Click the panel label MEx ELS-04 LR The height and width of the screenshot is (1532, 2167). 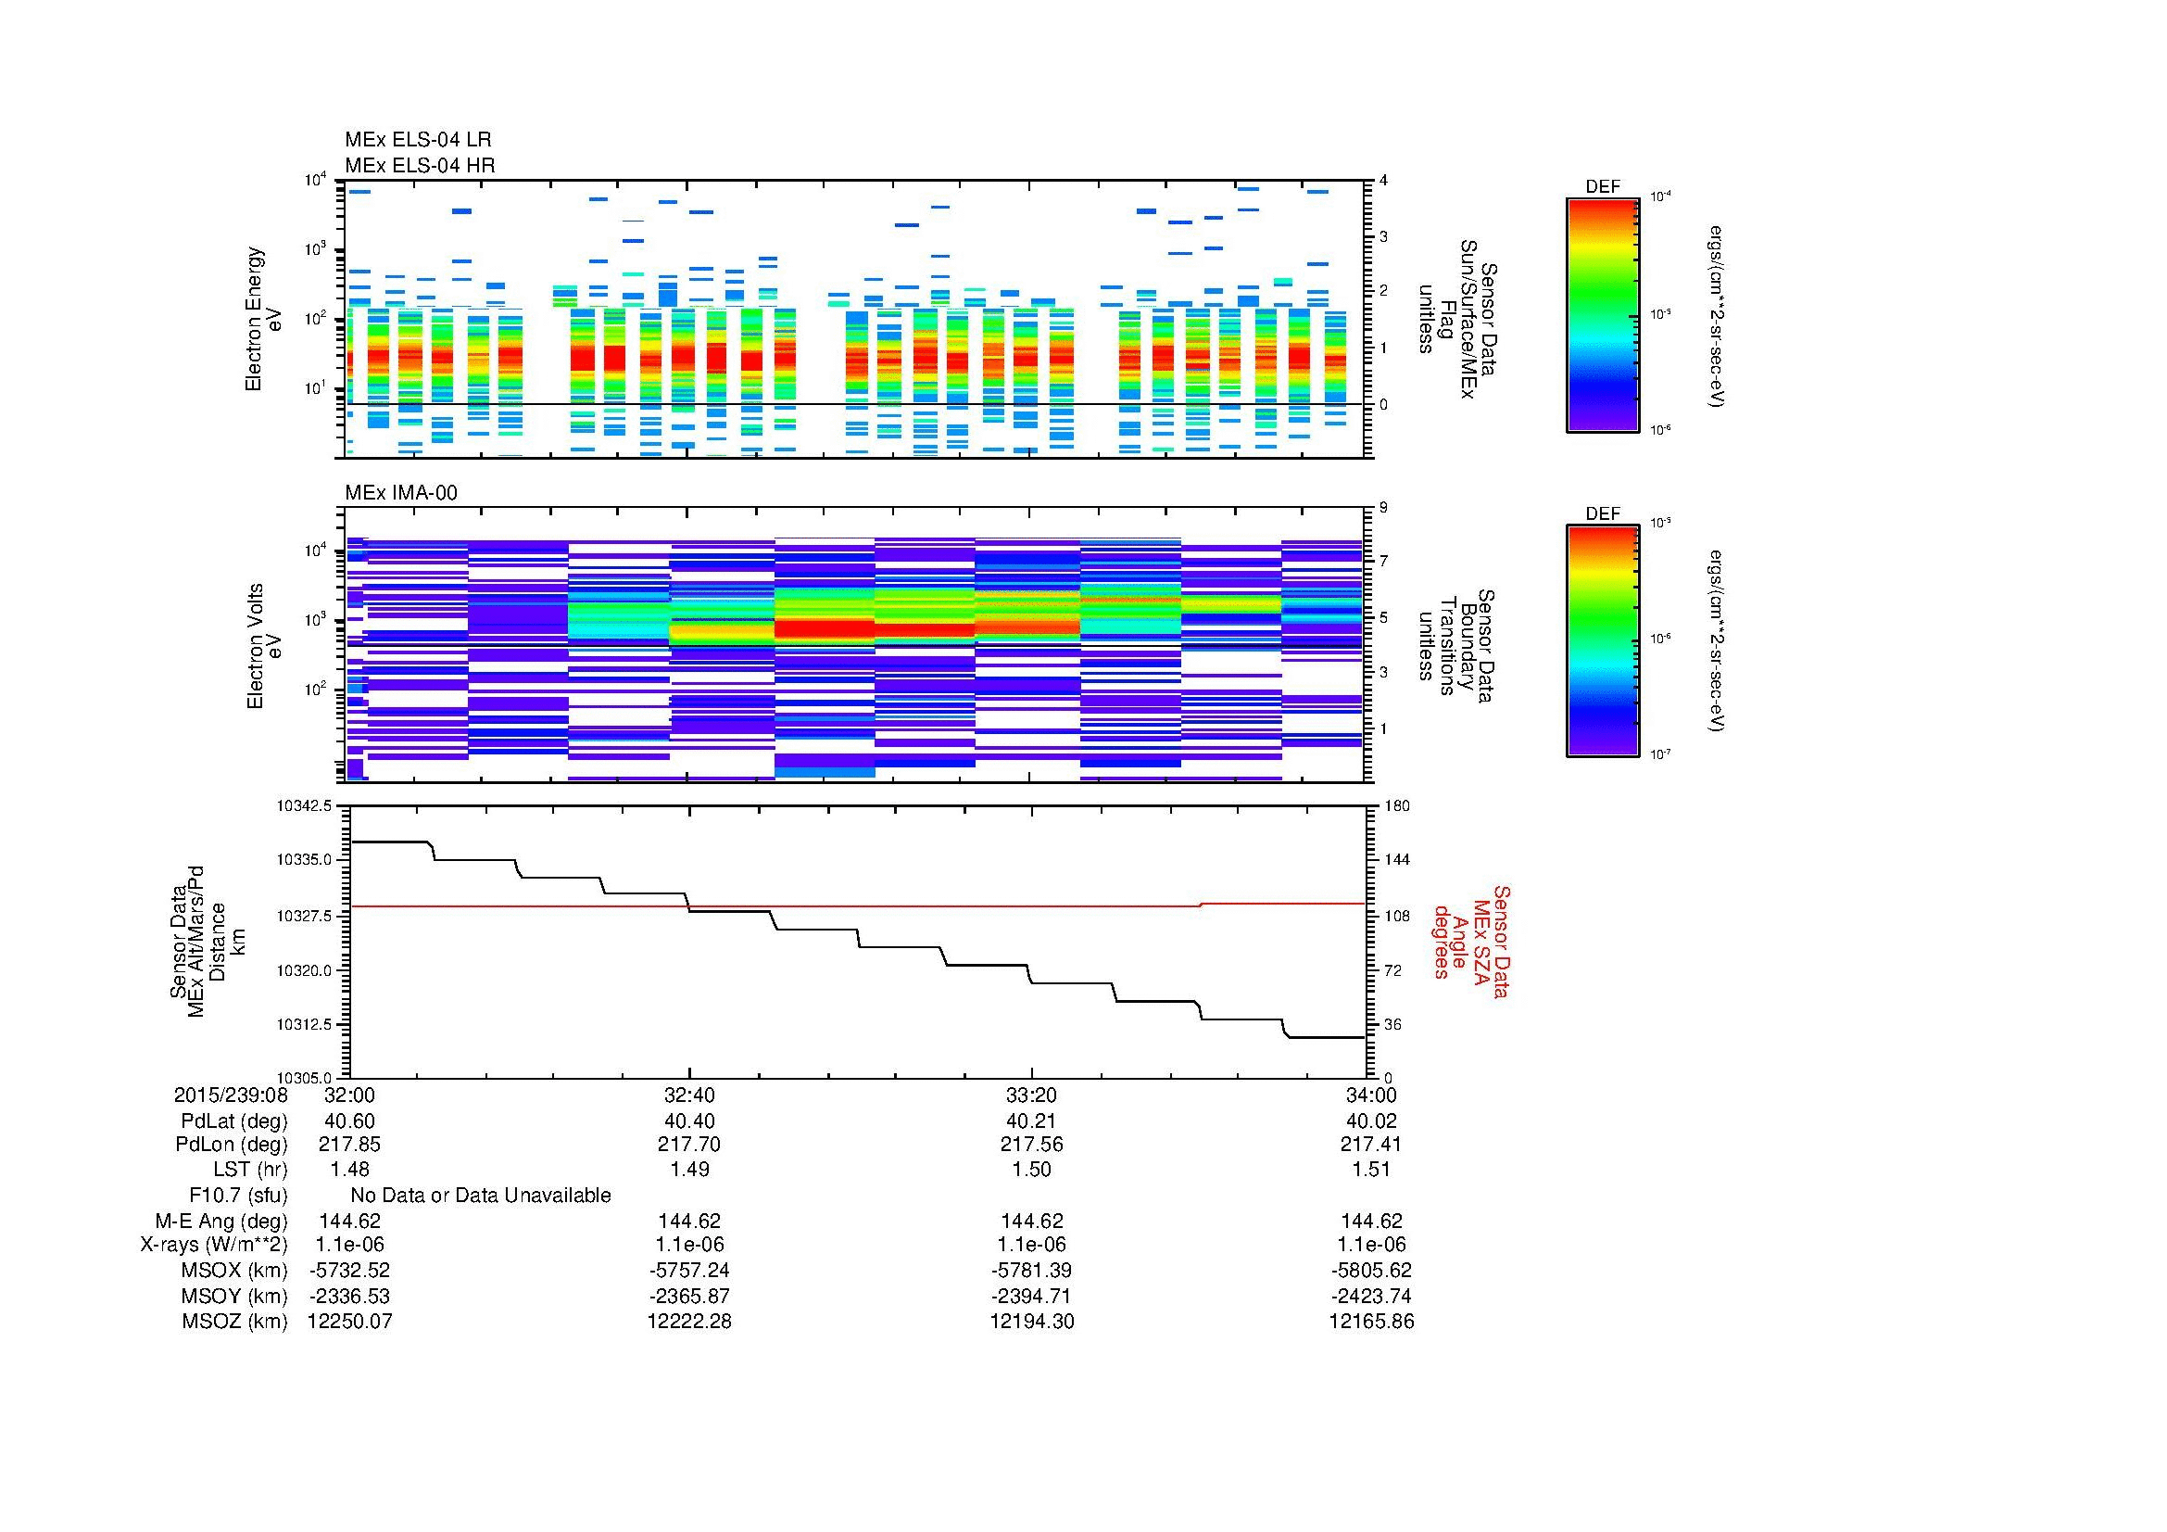click(x=418, y=140)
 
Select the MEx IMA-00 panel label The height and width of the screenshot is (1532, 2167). click(x=401, y=493)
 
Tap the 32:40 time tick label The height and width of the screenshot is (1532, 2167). click(x=690, y=1095)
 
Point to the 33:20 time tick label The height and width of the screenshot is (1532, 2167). click(x=1031, y=1095)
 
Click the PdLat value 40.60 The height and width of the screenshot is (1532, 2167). click(x=349, y=1121)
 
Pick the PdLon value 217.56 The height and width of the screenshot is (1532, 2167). click(x=1031, y=1144)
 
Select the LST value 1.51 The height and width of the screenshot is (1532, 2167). click(x=1371, y=1170)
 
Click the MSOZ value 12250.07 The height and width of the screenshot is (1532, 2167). click(x=349, y=1322)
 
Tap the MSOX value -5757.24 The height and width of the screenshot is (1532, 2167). click(x=690, y=1271)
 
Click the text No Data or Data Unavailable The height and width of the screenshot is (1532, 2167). click(x=481, y=1196)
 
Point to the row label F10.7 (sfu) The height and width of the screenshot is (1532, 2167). click(x=238, y=1196)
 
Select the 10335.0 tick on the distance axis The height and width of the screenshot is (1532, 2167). click(x=304, y=860)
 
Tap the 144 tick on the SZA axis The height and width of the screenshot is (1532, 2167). click(x=1396, y=860)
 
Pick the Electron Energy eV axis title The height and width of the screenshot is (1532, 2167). click(x=263, y=319)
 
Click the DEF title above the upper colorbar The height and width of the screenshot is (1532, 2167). click(x=1603, y=187)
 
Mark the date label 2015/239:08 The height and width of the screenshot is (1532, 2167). click(x=231, y=1095)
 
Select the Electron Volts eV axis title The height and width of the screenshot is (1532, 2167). click(x=264, y=646)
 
